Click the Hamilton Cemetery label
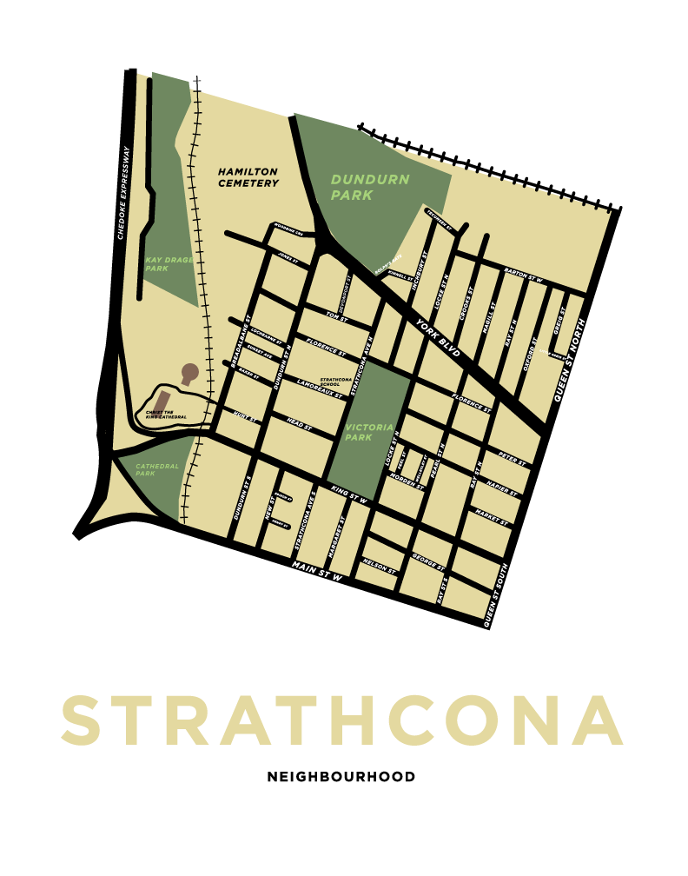[248, 177]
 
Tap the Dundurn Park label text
[369, 187]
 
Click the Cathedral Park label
[157, 469]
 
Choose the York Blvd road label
[436, 334]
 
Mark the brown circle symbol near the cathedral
[189, 372]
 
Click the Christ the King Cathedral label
[167, 415]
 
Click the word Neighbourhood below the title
[341, 776]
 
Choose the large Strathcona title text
[342, 720]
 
